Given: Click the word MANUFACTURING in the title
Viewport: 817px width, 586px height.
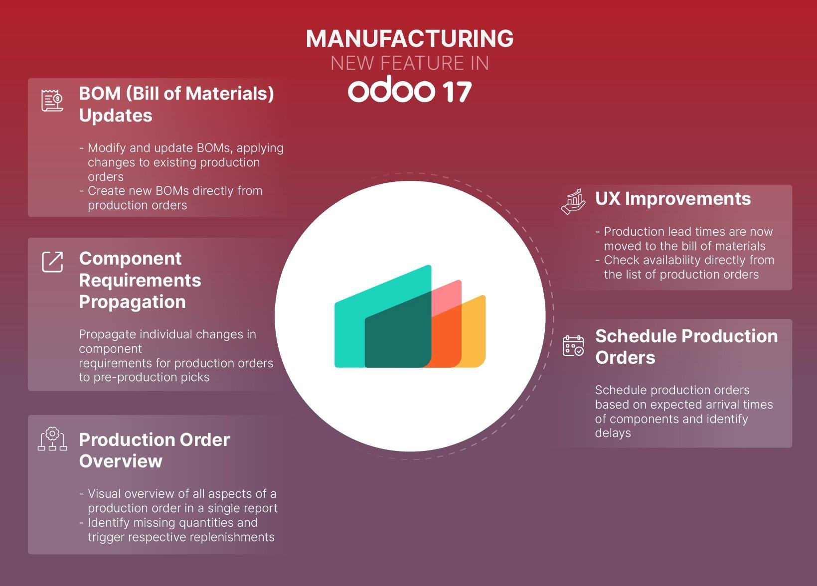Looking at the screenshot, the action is coord(410,38).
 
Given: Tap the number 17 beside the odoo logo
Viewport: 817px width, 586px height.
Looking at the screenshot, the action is coord(458,92).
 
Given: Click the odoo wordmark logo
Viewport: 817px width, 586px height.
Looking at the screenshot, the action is coord(391,89).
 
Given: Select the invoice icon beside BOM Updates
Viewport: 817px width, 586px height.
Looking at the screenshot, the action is coord(52,100).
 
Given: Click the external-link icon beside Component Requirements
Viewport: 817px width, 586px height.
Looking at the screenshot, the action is coord(52,262).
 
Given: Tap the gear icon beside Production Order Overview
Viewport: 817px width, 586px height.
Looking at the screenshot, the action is coord(52,439).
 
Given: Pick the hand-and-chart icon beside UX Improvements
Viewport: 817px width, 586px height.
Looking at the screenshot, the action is coord(573,201).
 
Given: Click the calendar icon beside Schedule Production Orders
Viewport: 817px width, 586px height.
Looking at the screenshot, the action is coord(573,346).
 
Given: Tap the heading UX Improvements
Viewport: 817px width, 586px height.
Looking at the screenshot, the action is coord(673,199).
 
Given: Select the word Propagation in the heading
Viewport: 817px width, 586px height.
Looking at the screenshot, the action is coord(133,302).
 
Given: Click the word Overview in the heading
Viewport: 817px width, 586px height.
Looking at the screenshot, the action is coord(121,461).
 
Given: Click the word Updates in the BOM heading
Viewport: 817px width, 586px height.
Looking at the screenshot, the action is coord(116,116).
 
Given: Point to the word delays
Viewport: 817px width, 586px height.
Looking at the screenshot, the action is coord(613,433).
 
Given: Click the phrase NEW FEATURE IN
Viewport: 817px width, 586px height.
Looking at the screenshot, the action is coord(410,63).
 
